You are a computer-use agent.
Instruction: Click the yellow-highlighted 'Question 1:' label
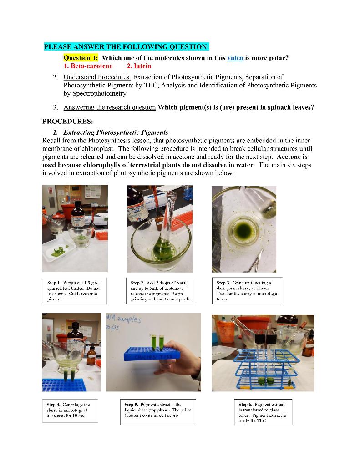[x=81, y=58]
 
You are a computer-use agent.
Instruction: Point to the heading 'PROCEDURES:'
[x=67, y=122]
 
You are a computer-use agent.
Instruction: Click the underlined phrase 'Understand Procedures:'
[x=97, y=77]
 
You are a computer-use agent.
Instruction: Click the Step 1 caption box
[x=75, y=291]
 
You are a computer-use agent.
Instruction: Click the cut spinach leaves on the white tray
[x=59, y=250]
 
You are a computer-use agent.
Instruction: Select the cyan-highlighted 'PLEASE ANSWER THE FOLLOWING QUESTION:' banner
[x=127, y=47]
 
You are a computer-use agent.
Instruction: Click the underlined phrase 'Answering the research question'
[x=109, y=108]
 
